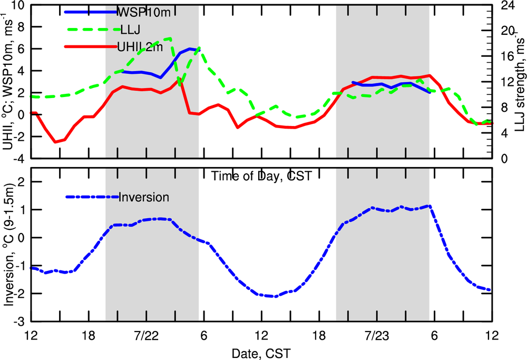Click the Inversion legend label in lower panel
pos(144,198)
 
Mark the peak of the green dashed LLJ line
pos(170,38)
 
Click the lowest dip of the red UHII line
pos(55,142)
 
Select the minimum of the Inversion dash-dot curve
pos(275,296)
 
